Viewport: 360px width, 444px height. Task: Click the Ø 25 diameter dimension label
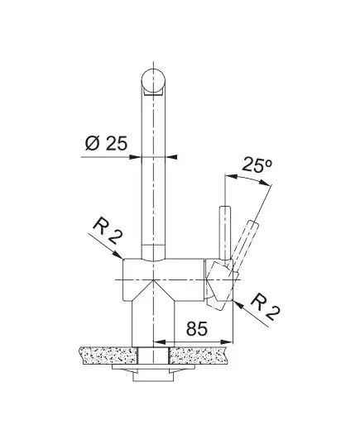coord(106,143)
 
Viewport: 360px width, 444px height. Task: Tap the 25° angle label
coord(257,165)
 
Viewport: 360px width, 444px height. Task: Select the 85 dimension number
coord(197,328)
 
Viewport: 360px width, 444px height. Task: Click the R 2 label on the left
coord(108,230)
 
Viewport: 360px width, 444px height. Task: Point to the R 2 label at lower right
coord(266,307)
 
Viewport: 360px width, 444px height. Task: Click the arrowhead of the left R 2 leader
coord(118,255)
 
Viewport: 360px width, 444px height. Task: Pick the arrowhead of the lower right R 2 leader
coord(238,305)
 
